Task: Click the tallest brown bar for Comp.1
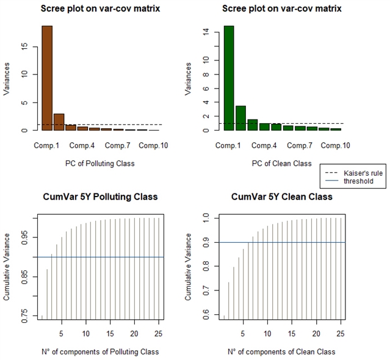[x=47, y=78]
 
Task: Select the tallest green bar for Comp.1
[x=228, y=78]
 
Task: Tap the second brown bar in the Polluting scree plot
[x=59, y=122]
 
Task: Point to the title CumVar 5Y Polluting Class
[x=100, y=197]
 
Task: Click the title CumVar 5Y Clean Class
[x=282, y=197]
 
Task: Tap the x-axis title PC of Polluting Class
[x=99, y=164]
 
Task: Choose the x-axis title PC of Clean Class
[x=281, y=164]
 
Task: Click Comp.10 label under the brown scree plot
[x=153, y=146]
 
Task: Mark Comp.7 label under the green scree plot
[x=300, y=146]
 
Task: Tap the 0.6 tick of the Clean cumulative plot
[x=206, y=314]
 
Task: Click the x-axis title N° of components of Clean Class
[x=281, y=351]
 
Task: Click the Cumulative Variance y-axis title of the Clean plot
[x=190, y=267]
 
